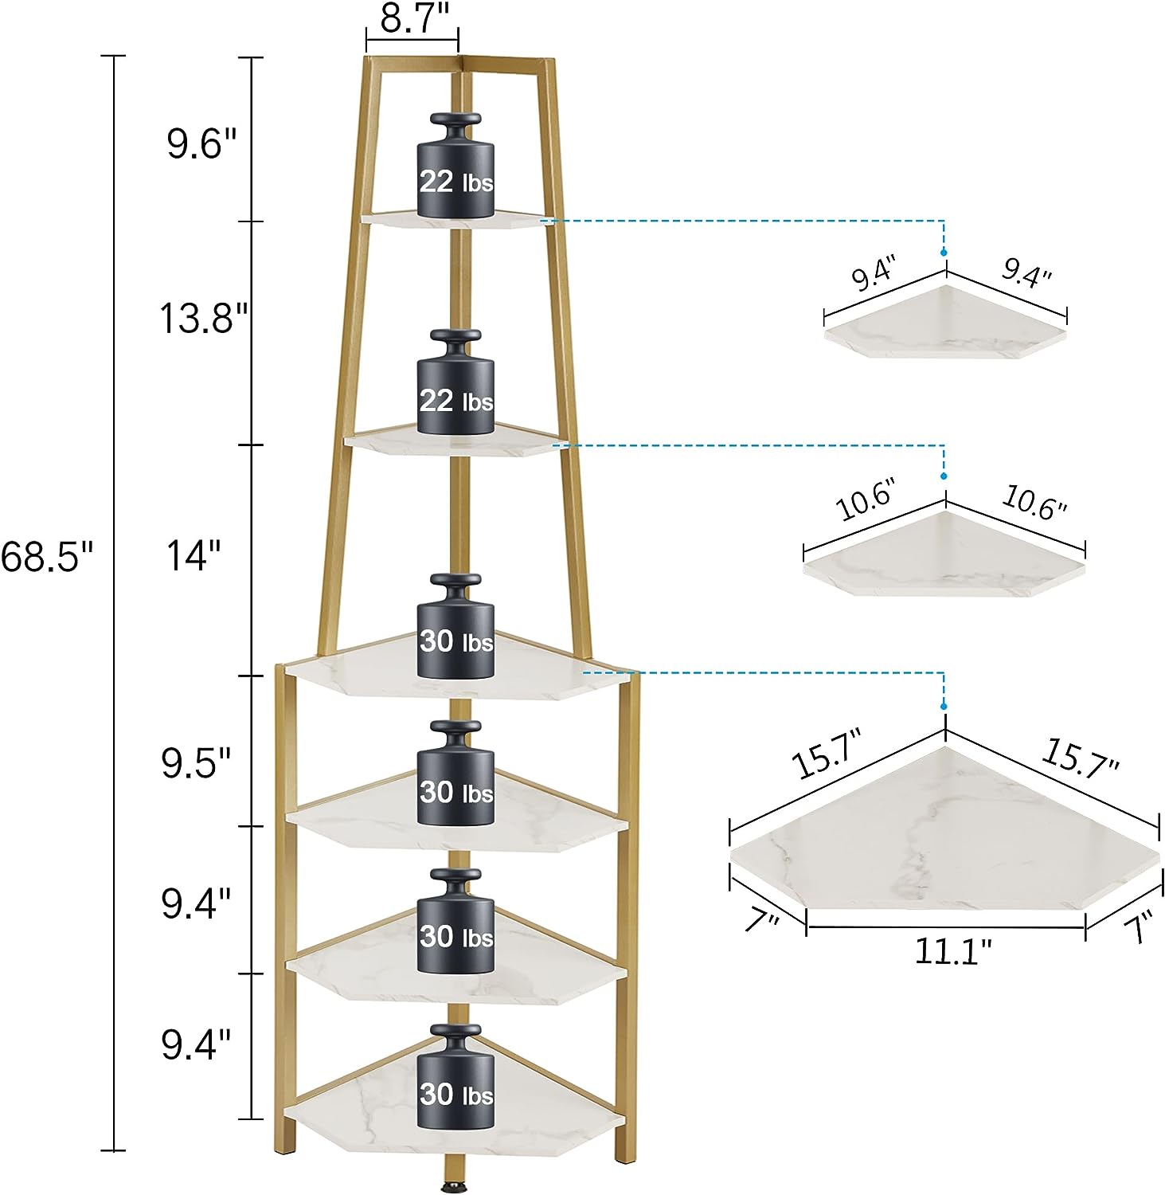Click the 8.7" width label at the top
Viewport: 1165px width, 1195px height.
click(411, 18)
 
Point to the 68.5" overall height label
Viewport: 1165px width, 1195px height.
click(48, 556)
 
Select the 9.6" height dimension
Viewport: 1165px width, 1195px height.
click(201, 144)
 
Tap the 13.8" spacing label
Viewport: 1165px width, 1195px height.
click(204, 319)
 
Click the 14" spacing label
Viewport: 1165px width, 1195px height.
click(194, 555)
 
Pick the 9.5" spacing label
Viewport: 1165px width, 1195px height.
click(196, 764)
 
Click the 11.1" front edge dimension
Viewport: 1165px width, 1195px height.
click(952, 950)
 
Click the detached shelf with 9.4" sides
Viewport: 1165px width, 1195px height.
click(945, 323)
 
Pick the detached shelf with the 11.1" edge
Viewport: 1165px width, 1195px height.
click(945, 829)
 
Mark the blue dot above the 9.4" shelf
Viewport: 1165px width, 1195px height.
click(944, 252)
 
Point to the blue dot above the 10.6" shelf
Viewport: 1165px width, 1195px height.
click(944, 476)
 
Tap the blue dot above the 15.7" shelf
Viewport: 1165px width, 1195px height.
click(944, 706)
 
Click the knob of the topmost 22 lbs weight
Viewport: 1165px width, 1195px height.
click(455, 120)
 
